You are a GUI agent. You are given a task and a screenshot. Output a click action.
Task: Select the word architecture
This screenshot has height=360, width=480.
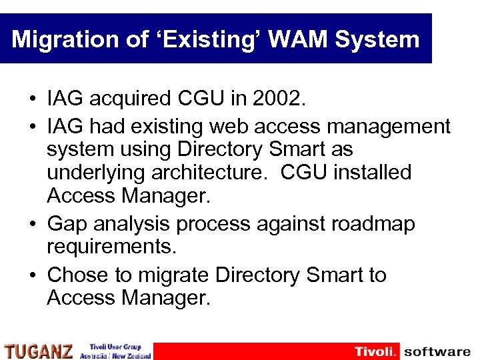point(211,173)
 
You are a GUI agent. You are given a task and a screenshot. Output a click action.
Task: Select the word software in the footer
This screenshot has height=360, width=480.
point(437,351)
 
